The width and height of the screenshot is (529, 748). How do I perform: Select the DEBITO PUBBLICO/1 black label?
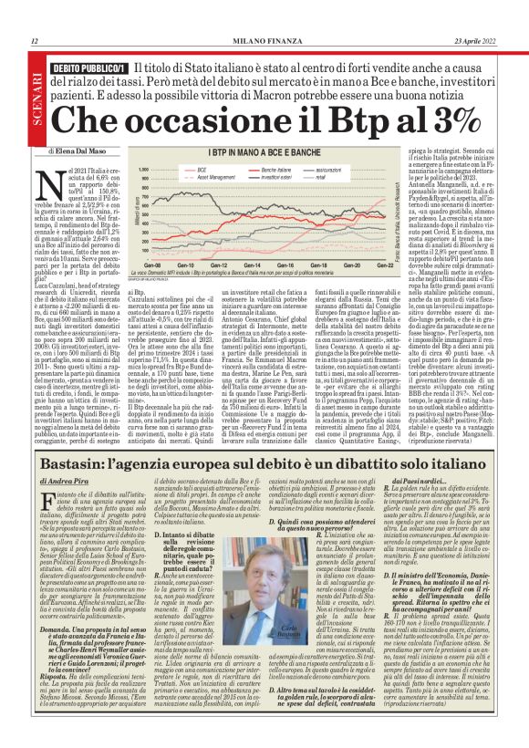click(x=88, y=68)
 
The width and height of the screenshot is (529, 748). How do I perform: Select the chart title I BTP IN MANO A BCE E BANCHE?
click(x=264, y=153)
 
